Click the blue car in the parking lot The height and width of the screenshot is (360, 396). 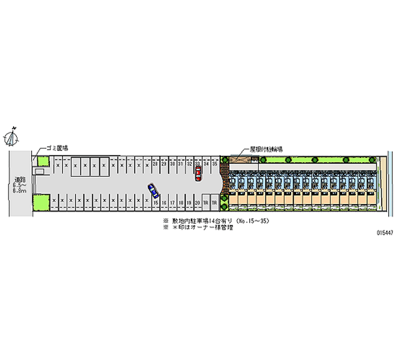tap(153, 190)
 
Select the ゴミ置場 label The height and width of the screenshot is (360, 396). tap(57, 148)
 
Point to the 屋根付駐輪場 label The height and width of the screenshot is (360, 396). tap(266, 149)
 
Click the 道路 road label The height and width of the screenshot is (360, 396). tap(20, 179)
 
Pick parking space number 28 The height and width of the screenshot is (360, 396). tap(155, 163)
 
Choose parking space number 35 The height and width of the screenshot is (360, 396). tap(215, 163)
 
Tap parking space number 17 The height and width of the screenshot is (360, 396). tap(172, 203)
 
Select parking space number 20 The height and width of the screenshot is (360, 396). tap(198, 203)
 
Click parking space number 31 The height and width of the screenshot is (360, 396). tap(181, 163)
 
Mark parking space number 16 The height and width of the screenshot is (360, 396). tap(164, 203)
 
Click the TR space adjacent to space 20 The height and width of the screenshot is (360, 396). tap(206, 203)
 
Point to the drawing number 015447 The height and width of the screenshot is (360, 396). tap(384, 232)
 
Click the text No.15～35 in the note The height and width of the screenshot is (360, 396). tap(252, 221)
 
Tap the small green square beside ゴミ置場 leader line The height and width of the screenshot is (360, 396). tap(43, 161)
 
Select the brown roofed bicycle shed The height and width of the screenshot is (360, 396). tap(240, 159)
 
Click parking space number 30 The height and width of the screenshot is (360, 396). tap(172, 163)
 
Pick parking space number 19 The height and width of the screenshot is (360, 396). tap(189, 203)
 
